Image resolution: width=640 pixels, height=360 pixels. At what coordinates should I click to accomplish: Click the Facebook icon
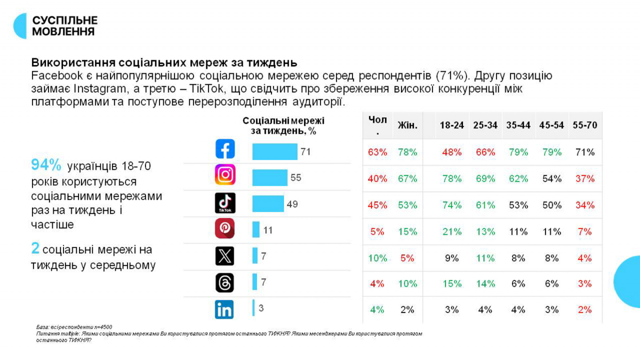pos(225,149)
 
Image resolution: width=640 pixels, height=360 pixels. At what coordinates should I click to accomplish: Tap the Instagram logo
pos(225,175)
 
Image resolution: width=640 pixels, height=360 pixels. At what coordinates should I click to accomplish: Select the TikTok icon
pos(225,203)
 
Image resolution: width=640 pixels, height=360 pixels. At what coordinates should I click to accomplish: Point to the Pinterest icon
pos(225,228)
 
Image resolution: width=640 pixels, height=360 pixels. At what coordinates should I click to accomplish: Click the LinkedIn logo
pos(225,309)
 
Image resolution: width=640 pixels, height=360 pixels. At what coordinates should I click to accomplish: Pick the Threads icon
pos(225,283)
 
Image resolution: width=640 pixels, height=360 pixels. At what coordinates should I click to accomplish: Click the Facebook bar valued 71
pos(274,151)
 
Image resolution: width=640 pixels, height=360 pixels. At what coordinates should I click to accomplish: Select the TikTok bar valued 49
pos(268,204)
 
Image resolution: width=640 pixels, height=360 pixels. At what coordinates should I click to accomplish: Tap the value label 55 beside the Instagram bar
pos(296,178)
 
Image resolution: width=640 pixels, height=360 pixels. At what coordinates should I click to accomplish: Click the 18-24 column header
pos(452,125)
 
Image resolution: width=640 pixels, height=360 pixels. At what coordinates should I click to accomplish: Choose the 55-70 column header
pos(585,125)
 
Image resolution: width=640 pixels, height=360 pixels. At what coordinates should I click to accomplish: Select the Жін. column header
pos(407,125)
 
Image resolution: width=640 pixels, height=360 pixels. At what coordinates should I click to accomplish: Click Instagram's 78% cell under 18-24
pos(452,179)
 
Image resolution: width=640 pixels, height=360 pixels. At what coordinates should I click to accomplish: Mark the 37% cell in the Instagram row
pos(585,179)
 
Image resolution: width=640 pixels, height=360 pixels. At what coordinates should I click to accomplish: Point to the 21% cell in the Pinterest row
pos(452,231)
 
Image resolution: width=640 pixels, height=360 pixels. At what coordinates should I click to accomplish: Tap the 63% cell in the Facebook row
pos(377,152)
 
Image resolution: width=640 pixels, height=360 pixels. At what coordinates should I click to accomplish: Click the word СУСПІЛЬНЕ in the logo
pos(65,20)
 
